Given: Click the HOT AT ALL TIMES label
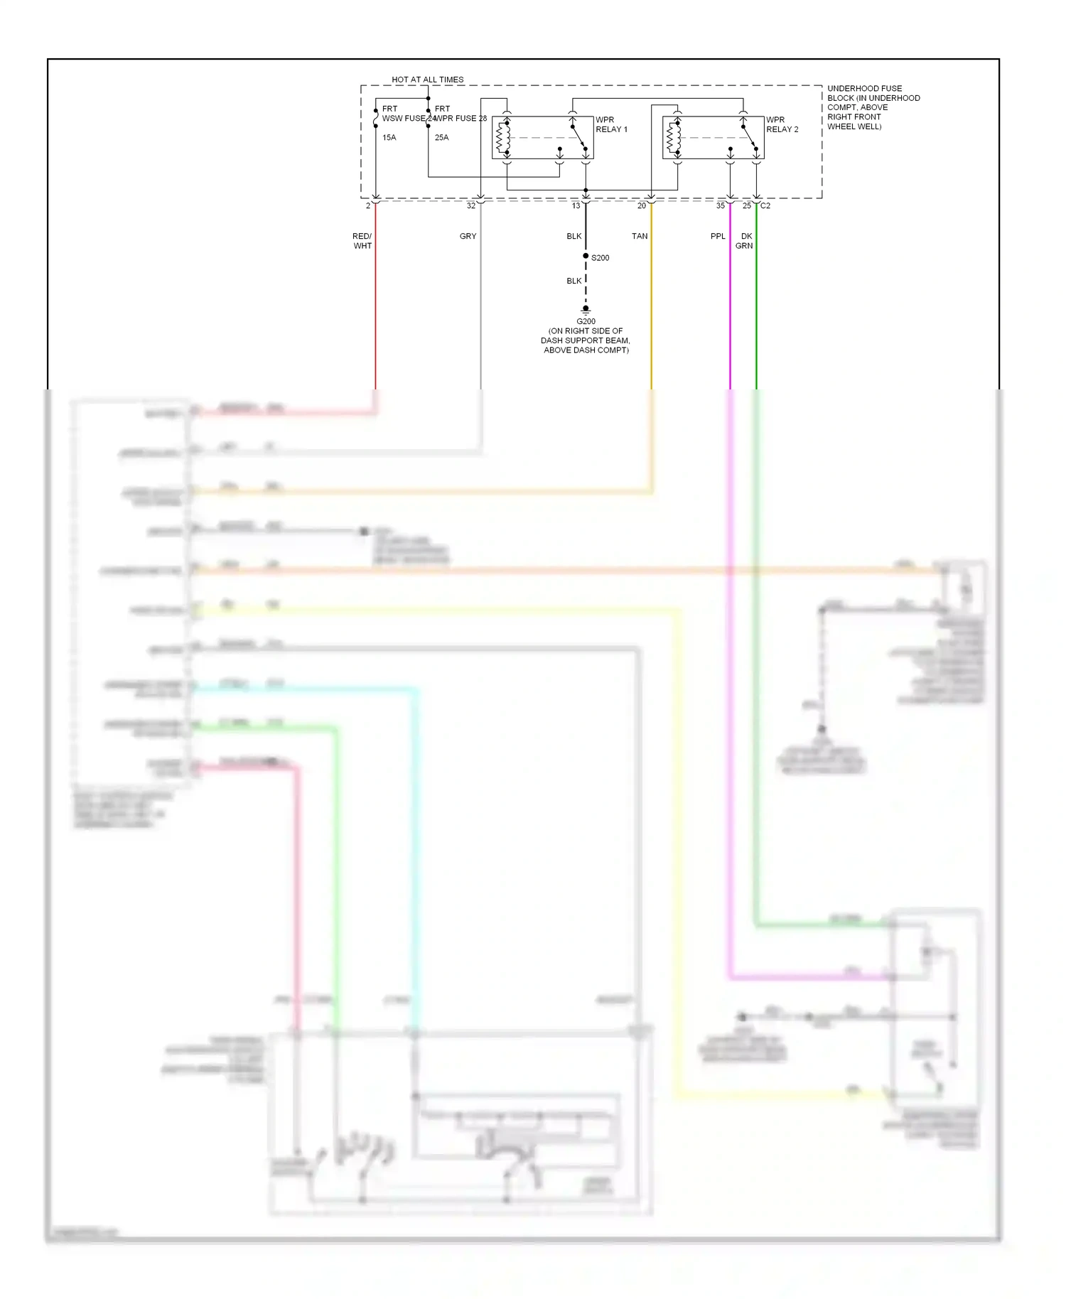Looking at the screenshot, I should pyautogui.click(x=427, y=80).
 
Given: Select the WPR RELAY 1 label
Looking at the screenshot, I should pyautogui.click(x=611, y=124).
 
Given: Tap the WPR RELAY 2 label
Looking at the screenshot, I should pyautogui.click(x=782, y=124).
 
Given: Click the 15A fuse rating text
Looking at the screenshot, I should pyautogui.click(x=389, y=138).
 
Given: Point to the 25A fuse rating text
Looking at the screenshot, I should pyautogui.click(x=441, y=138).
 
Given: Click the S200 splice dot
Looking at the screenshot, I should pyautogui.click(x=586, y=256).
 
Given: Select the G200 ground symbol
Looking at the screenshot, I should pyautogui.click(x=586, y=310).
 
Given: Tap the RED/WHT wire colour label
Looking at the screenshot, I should pyautogui.click(x=362, y=241).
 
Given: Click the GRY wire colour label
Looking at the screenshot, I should pyautogui.click(x=468, y=236).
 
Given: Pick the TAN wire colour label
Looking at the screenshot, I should pyautogui.click(x=640, y=236).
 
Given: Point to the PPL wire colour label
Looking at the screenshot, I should pyautogui.click(x=718, y=236).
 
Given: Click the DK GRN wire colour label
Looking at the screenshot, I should pyautogui.click(x=745, y=241).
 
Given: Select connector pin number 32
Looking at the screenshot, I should pyautogui.click(x=470, y=206).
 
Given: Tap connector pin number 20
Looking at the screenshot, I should pyautogui.click(x=642, y=206).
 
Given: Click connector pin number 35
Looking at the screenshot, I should pyautogui.click(x=721, y=206).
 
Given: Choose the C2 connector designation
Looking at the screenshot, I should pyautogui.click(x=765, y=206).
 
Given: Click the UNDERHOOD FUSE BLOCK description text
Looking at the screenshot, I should pyautogui.click(x=873, y=107).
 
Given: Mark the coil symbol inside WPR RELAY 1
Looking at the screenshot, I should pyautogui.click(x=502, y=138).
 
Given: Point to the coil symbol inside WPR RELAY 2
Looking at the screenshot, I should pyautogui.click(x=673, y=138).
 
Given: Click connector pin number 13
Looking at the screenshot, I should pyautogui.click(x=576, y=206).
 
